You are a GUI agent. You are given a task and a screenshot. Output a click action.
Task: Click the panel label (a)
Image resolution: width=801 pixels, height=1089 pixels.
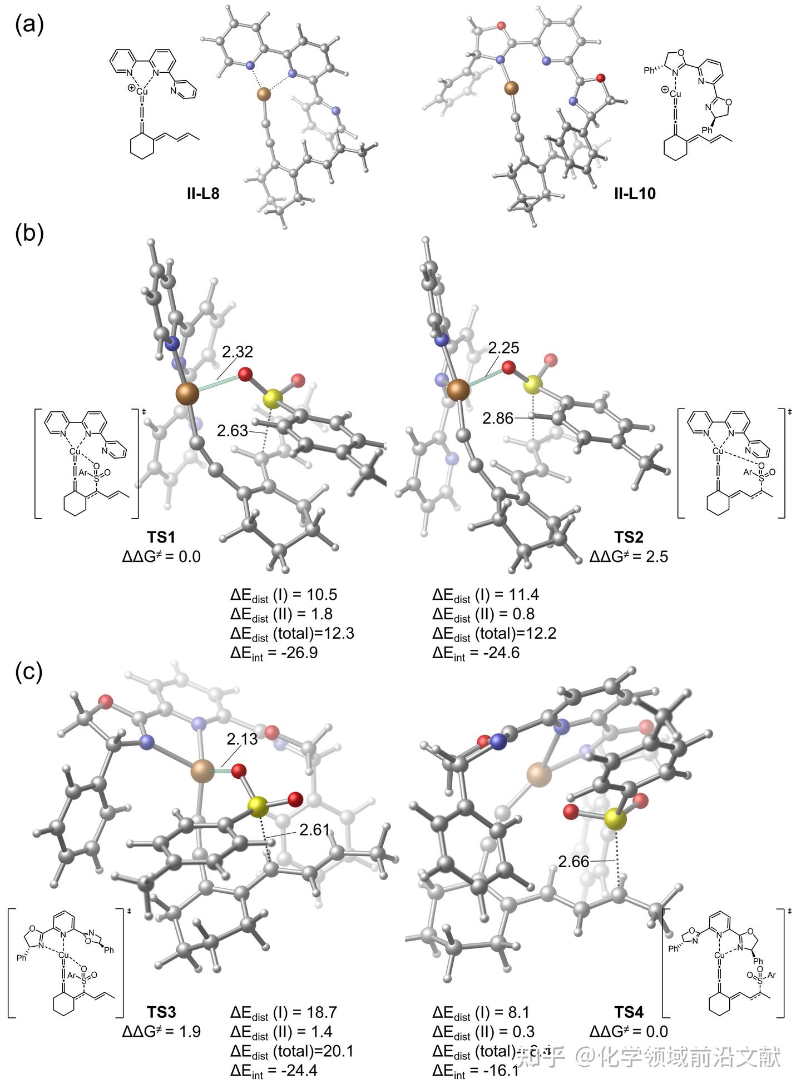pos(29,24)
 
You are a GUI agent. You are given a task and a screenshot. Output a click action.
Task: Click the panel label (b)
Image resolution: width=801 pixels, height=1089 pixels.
pos(29,233)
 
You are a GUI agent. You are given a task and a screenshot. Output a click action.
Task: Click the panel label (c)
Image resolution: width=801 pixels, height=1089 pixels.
pos(29,672)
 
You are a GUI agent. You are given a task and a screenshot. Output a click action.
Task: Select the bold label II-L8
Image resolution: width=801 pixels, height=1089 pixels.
pos(203,193)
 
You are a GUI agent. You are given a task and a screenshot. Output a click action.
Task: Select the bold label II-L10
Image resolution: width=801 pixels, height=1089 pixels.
pos(635,193)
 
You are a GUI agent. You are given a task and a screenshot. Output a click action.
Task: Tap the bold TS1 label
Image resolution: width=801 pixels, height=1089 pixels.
pos(161,537)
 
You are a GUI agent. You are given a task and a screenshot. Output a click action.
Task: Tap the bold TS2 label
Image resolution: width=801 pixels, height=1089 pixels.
pos(629,537)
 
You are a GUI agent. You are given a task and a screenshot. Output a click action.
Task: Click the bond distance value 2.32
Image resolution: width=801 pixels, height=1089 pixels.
pos(238,351)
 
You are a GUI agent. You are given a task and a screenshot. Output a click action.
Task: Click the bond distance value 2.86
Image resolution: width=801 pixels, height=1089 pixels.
pos(498,418)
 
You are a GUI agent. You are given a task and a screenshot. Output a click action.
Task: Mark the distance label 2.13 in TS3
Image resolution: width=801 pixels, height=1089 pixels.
pos(242,739)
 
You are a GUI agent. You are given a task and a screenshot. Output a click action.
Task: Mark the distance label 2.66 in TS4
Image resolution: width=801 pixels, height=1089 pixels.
pos(573,862)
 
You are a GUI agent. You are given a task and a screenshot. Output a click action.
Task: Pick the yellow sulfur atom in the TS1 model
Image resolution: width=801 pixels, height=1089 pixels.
pos(272,398)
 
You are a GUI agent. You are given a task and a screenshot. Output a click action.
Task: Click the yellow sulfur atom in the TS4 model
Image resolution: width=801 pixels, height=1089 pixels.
pos(615,818)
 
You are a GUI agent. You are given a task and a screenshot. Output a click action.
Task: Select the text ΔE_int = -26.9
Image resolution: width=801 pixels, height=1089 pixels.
pos(274,652)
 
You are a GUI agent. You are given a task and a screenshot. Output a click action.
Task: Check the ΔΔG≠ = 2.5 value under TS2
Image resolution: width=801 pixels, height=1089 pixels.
pos(629,556)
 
